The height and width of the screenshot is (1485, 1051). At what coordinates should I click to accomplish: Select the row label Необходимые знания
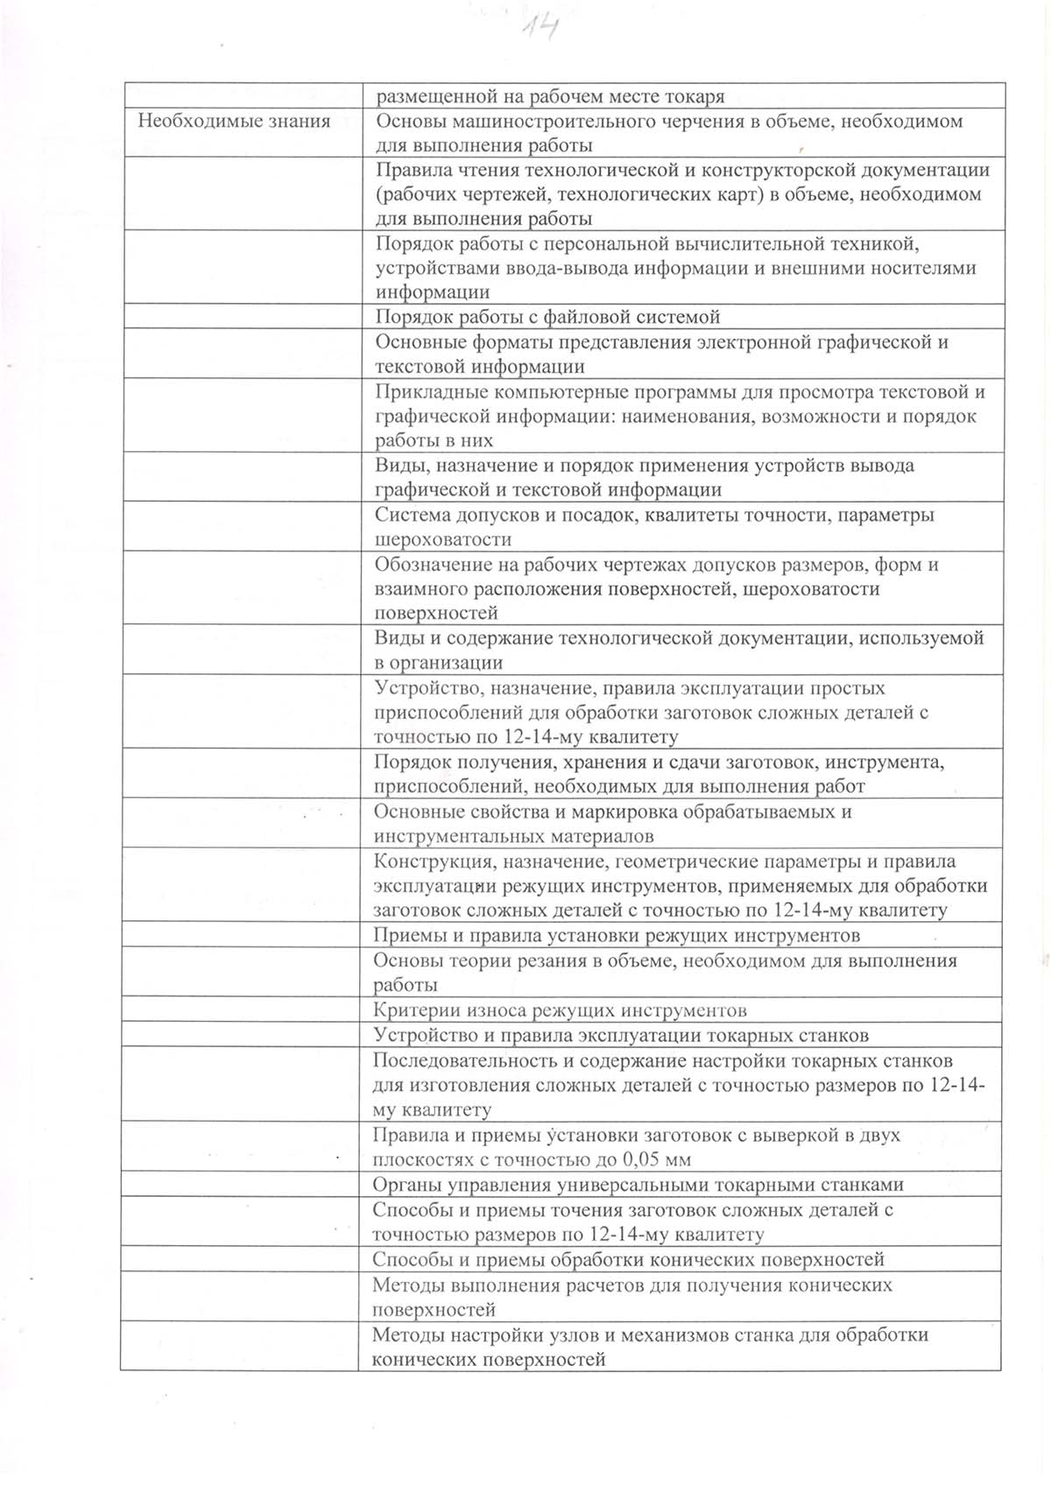(x=234, y=121)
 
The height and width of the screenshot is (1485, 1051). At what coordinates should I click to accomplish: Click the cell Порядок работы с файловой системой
(x=547, y=316)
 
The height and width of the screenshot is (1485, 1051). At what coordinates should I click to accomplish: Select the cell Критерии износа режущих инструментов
(x=560, y=1010)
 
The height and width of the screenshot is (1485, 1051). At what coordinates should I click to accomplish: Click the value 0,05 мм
(x=656, y=1159)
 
